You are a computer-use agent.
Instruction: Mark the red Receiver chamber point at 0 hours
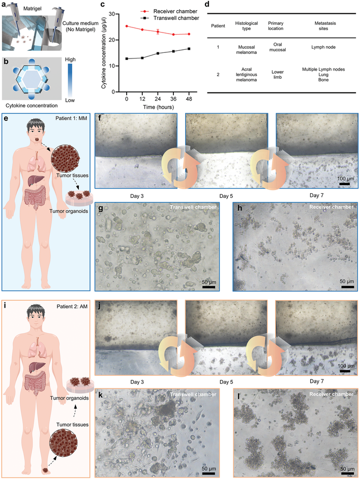point(126,26)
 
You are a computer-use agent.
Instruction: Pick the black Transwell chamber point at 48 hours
point(190,49)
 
